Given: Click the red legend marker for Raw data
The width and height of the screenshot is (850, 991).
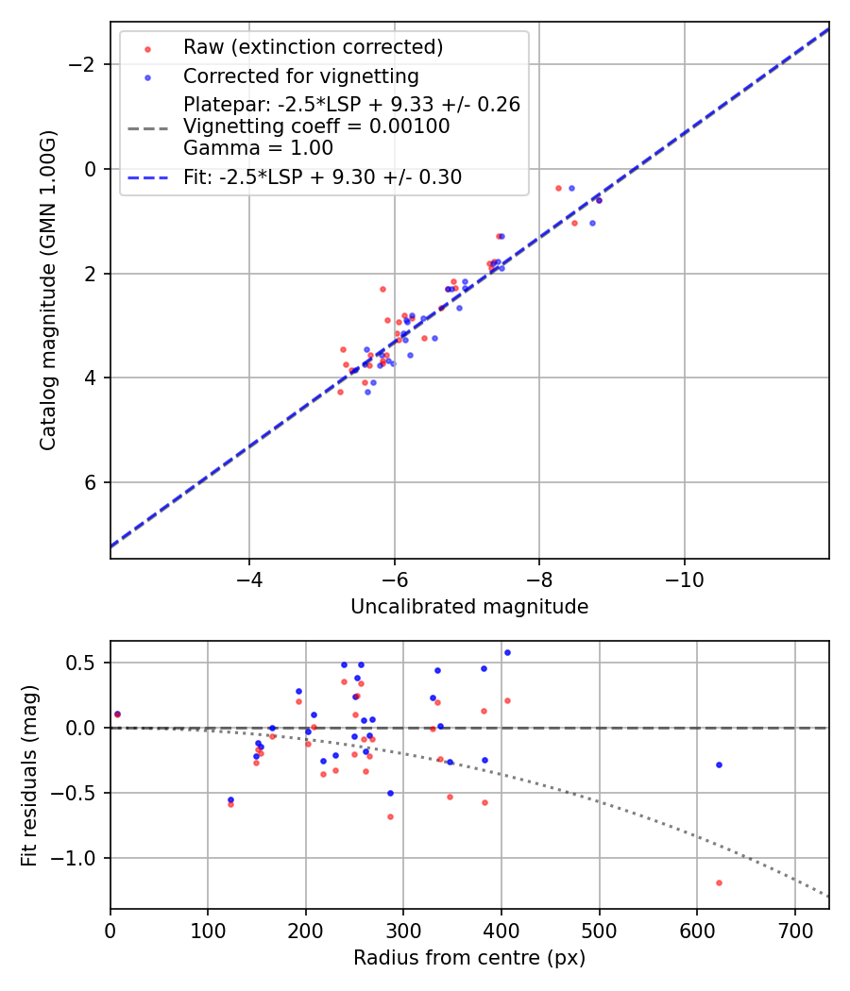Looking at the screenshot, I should click(x=146, y=48).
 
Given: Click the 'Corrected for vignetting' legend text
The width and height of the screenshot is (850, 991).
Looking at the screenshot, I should click(x=300, y=76).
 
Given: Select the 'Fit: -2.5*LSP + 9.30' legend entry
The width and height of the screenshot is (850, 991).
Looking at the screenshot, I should click(x=322, y=176).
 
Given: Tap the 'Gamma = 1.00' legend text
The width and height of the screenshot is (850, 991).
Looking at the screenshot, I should click(x=258, y=148).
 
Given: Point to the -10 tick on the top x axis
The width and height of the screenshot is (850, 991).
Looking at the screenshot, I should click(x=684, y=579).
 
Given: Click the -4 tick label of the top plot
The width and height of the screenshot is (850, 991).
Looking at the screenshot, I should click(x=249, y=579).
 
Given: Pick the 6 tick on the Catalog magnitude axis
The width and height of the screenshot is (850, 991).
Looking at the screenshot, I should click(x=91, y=482).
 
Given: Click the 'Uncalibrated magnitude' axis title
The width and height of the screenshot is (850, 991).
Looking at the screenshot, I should click(x=469, y=607).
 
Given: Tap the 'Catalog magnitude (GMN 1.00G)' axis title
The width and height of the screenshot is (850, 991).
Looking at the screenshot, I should click(x=48, y=291).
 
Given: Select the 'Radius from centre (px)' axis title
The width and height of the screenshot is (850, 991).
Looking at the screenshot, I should click(x=469, y=958).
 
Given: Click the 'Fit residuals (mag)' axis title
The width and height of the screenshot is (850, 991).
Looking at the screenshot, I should click(x=29, y=776).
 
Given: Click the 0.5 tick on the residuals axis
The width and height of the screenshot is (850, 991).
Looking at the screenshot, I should click(x=87, y=663).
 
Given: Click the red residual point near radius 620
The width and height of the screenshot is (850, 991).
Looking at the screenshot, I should click(x=719, y=882).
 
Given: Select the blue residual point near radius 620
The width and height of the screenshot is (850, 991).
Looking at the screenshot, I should click(x=719, y=764).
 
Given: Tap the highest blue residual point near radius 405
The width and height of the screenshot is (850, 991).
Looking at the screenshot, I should click(x=507, y=652).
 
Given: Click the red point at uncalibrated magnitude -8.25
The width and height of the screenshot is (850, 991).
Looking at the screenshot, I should click(x=558, y=188).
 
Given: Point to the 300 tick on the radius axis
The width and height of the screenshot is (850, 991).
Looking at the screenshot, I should click(x=403, y=930).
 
